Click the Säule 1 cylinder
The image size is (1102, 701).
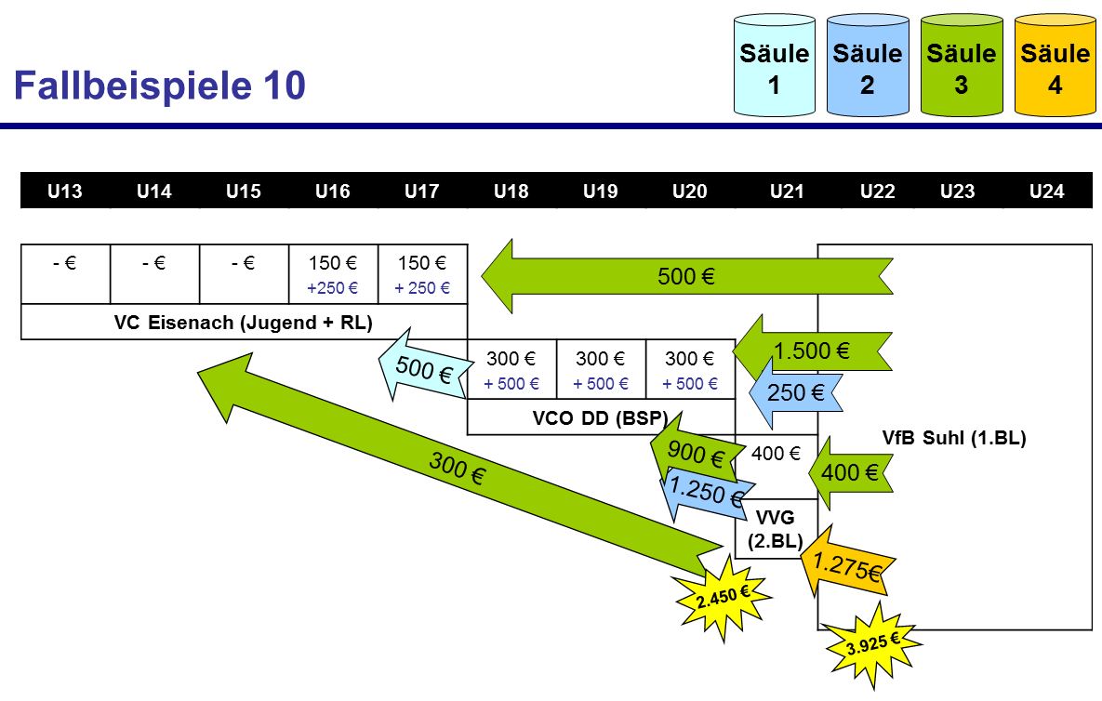775,67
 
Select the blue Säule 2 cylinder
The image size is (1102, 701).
867,67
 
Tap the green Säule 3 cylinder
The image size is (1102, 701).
961,67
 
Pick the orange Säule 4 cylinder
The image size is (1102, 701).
1055,67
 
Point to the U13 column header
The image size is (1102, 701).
64,192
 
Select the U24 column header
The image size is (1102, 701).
1047,192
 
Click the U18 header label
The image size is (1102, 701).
511,192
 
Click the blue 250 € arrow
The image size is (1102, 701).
793,392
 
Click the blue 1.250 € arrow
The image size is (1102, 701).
705,491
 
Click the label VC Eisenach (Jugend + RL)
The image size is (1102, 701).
243,323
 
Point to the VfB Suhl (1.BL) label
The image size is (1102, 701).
953,438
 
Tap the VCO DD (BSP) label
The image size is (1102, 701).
600,417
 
